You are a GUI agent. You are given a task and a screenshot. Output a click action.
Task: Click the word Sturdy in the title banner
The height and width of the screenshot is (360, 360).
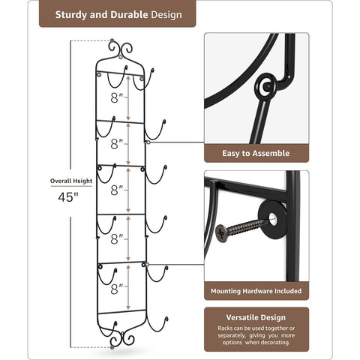pos(73,13)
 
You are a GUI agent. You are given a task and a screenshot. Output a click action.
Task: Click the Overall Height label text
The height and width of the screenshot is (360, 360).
pos(72,181)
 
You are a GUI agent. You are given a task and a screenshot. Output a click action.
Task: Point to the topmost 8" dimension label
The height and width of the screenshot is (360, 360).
pos(116,97)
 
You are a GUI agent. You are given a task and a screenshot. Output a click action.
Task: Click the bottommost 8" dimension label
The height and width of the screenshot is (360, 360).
pos(116,288)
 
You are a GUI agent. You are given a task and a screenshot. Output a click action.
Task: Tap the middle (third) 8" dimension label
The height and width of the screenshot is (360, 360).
pos(116,190)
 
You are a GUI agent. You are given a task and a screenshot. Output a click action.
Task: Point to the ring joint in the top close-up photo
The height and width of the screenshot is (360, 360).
pos(265,86)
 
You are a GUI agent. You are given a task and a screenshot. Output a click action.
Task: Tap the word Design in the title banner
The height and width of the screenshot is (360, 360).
pos(168,13)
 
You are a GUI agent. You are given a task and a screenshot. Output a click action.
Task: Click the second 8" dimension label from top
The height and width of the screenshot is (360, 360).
pos(116,143)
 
